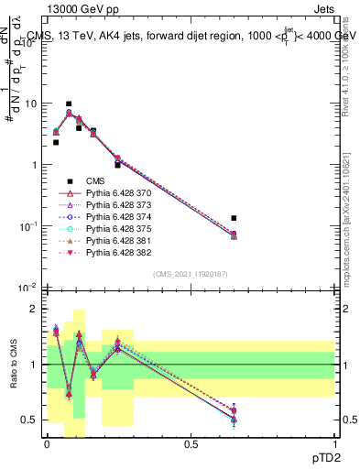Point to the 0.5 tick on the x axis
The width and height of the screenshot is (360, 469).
coord(191,444)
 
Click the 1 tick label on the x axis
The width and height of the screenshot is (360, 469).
coord(336,444)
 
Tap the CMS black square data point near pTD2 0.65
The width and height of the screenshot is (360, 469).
coord(235,218)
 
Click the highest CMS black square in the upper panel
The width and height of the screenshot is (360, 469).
coord(69,104)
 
